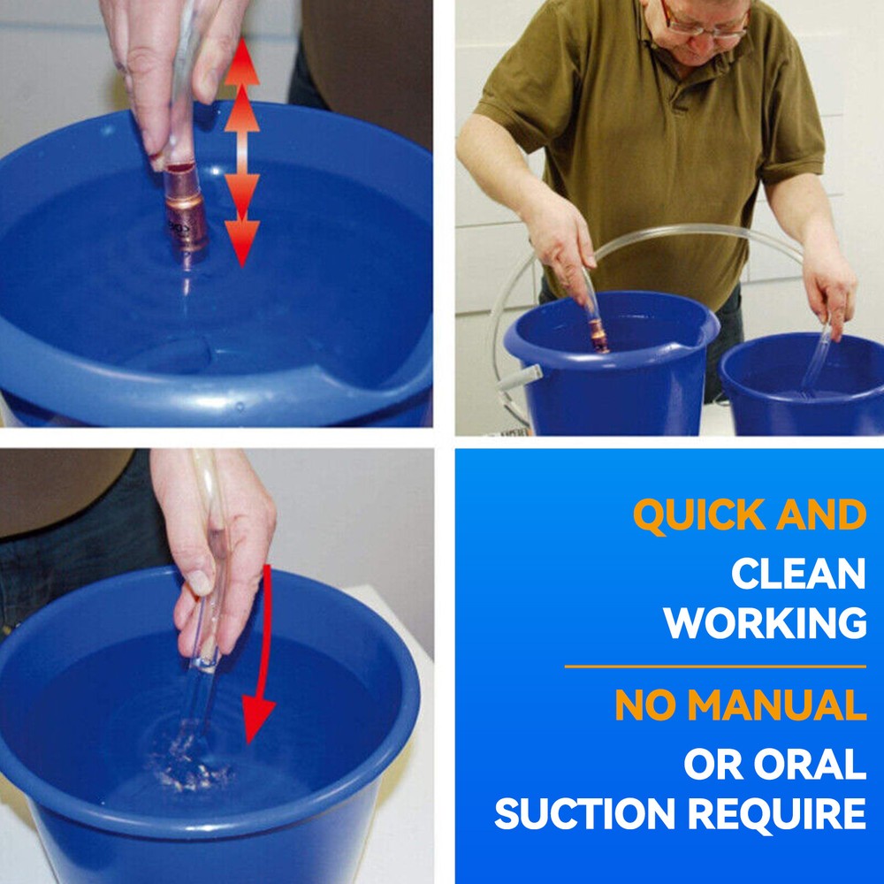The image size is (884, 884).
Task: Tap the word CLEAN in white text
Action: (x=798, y=574)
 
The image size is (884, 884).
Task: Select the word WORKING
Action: (x=765, y=623)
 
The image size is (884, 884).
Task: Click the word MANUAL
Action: (x=777, y=705)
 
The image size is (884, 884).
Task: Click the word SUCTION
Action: (x=584, y=813)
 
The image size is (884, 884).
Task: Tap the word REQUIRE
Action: (x=777, y=813)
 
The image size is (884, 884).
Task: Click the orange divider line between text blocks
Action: (x=715, y=667)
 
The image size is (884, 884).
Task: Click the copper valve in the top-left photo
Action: (x=186, y=209)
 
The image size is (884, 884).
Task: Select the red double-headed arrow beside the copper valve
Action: (x=242, y=152)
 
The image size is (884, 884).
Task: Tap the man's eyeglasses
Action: (x=705, y=23)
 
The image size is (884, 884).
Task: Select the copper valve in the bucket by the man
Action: (x=598, y=335)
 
